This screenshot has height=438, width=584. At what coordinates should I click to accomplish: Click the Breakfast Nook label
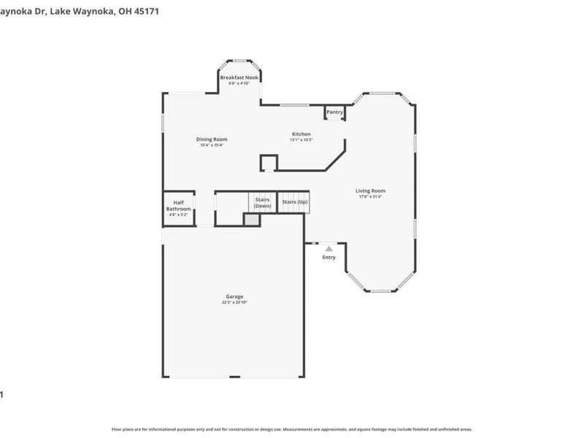click(239, 77)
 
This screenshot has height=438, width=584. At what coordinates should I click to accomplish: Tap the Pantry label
click(334, 112)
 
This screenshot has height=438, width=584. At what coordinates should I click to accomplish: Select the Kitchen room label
click(301, 134)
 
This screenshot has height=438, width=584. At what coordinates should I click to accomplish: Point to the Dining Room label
click(212, 139)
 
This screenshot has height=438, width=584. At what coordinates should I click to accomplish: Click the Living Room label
click(370, 191)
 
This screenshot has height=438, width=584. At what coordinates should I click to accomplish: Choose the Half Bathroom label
click(178, 206)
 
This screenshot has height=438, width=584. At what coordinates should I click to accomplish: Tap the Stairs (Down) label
click(262, 202)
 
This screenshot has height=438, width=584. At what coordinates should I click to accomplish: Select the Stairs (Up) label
click(295, 201)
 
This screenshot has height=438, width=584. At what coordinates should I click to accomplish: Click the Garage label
click(234, 296)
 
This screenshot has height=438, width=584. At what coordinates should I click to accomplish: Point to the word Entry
click(329, 257)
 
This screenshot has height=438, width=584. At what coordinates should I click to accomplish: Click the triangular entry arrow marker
click(329, 249)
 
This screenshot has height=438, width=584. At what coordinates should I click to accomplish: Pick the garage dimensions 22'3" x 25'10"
click(234, 302)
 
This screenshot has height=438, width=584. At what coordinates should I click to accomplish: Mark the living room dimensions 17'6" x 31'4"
click(370, 196)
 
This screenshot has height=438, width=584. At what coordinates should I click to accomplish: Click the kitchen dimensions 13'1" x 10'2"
click(301, 140)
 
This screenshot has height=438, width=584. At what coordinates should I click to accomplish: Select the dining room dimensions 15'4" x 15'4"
click(212, 145)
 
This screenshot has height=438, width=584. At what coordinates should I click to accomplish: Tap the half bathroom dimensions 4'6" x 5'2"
click(178, 215)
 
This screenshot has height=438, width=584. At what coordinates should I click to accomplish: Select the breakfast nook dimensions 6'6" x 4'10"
click(239, 83)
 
